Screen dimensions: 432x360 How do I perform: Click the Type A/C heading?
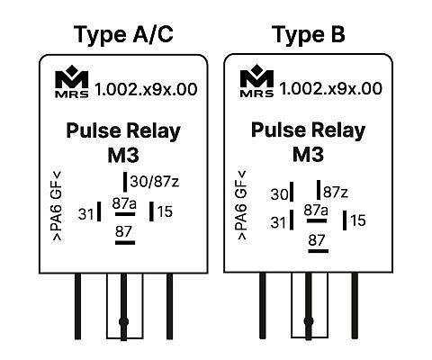click(123, 35)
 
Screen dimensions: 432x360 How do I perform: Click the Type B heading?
click(309, 35)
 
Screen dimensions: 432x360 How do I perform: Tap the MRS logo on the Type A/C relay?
click(72, 82)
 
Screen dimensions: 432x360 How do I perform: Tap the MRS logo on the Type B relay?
click(256, 81)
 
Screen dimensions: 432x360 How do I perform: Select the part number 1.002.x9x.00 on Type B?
click(331, 89)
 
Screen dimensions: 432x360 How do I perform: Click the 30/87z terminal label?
click(155, 182)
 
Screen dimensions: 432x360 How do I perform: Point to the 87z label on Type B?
click(336, 192)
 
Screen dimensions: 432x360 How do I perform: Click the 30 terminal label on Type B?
click(279, 194)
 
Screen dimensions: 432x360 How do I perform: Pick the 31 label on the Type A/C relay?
click(85, 214)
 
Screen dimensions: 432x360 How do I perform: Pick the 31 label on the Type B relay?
click(278, 222)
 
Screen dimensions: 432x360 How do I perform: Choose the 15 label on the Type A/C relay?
click(165, 211)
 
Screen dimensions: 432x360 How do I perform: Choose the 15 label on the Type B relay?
click(358, 220)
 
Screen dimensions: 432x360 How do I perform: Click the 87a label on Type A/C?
click(124, 203)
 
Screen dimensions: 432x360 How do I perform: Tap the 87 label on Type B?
click(317, 240)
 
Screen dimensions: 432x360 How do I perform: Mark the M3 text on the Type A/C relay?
click(123, 155)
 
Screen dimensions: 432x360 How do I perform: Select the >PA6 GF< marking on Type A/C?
click(57, 206)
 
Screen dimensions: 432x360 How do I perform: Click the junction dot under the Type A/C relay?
click(123, 322)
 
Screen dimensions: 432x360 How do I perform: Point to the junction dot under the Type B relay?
click(309, 321)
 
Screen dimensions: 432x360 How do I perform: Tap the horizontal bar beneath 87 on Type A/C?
click(125, 242)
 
